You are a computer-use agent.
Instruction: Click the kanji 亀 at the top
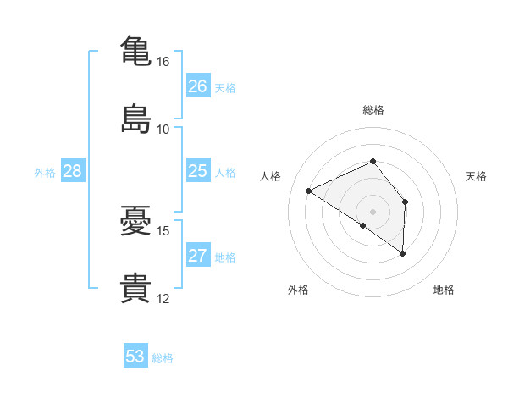coord(135,51)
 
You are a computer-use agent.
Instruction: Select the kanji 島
coord(135,119)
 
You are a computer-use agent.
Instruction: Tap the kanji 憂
coord(135,220)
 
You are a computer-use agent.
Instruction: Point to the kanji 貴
coord(135,288)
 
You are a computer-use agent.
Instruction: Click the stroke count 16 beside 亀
coord(163,62)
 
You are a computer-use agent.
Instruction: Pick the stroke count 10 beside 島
coord(163,130)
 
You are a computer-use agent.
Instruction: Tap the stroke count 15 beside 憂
coord(163,231)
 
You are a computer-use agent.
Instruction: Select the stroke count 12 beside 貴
coord(163,299)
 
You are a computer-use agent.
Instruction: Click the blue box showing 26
coord(198,86)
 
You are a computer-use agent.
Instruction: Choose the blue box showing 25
coord(198,170)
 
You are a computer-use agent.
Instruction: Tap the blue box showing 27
coord(198,254)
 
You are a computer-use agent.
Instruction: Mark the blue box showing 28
coord(73,170)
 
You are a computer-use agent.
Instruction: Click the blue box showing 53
coord(135,355)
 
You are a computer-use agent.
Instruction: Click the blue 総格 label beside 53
coord(163,358)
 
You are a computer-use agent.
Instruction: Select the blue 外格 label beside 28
coord(45,173)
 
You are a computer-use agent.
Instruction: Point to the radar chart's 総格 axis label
coord(373,110)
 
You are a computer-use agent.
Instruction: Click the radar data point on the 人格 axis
coord(309,191)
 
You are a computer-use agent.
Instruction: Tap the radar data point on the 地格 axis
coord(402,253)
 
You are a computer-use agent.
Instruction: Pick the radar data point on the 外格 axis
coord(363,225)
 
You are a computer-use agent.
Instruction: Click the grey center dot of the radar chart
coord(373,212)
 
